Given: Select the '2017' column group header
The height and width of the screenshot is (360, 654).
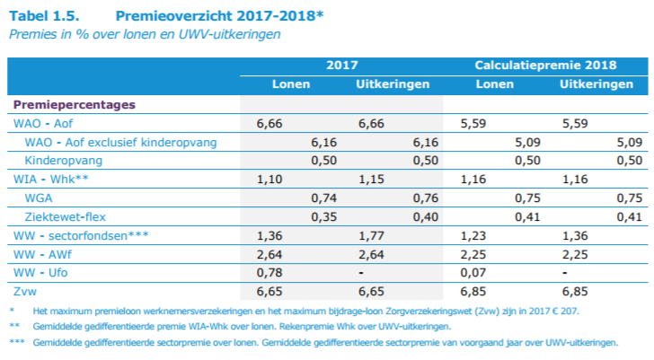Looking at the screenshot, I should (x=343, y=66).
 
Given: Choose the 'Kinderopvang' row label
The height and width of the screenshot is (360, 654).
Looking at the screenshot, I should (x=64, y=161).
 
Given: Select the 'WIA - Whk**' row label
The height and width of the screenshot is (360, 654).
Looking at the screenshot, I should (x=49, y=180).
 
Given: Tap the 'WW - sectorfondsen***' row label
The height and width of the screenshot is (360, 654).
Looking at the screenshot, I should (x=80, y=236).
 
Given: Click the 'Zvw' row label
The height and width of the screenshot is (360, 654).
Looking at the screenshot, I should (x=24, y=293).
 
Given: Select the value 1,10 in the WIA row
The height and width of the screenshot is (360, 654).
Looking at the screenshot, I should (x=270, y=180).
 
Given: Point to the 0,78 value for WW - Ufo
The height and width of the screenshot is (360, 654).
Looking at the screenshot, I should (x=270, y=274).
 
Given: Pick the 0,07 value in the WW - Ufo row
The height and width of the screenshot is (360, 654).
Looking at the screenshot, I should (x=473, y=274).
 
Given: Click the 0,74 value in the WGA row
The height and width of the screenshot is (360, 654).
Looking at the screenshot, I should (x=323, y=198).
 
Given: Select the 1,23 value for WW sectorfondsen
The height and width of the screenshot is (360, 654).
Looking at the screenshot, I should (x=473, y=236).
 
